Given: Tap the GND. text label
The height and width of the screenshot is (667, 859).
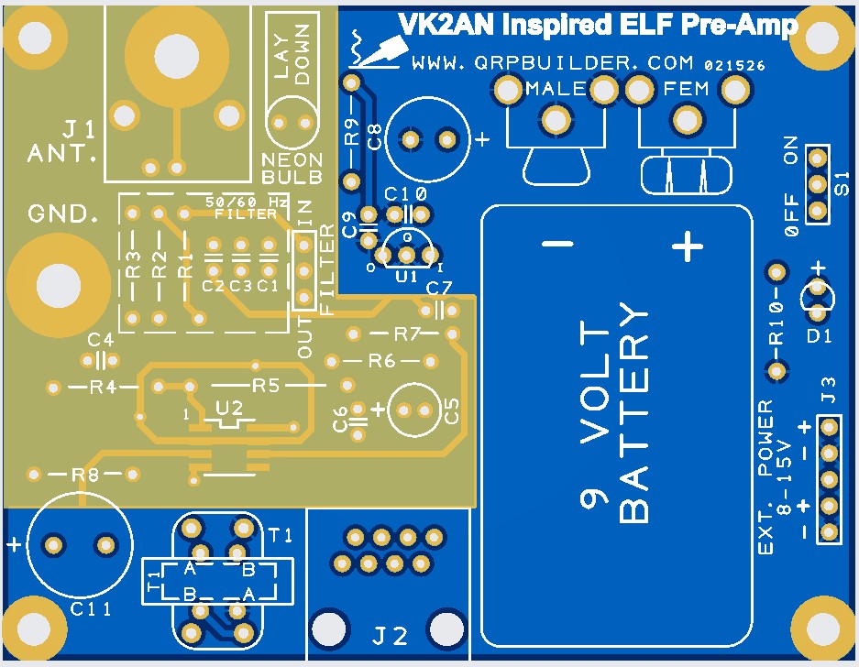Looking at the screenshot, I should coord(63,214).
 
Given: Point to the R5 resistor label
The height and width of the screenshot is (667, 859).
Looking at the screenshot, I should coord(265,386).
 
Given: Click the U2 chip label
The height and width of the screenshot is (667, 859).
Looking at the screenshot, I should coord(228,408).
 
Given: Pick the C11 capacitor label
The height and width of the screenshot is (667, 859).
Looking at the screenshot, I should coord(90,609).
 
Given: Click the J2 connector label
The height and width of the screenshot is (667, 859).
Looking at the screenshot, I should coord(390,634).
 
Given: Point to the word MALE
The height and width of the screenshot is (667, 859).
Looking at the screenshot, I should coord(556,89).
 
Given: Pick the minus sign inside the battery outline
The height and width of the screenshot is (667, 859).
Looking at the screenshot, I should coord(556,245).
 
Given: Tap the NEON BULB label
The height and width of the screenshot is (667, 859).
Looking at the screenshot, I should coord(292,167).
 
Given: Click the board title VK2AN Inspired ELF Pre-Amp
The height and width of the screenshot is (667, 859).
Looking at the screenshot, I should coord(596,25).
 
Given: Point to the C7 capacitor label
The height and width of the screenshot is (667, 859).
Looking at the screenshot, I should coord(439,289).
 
